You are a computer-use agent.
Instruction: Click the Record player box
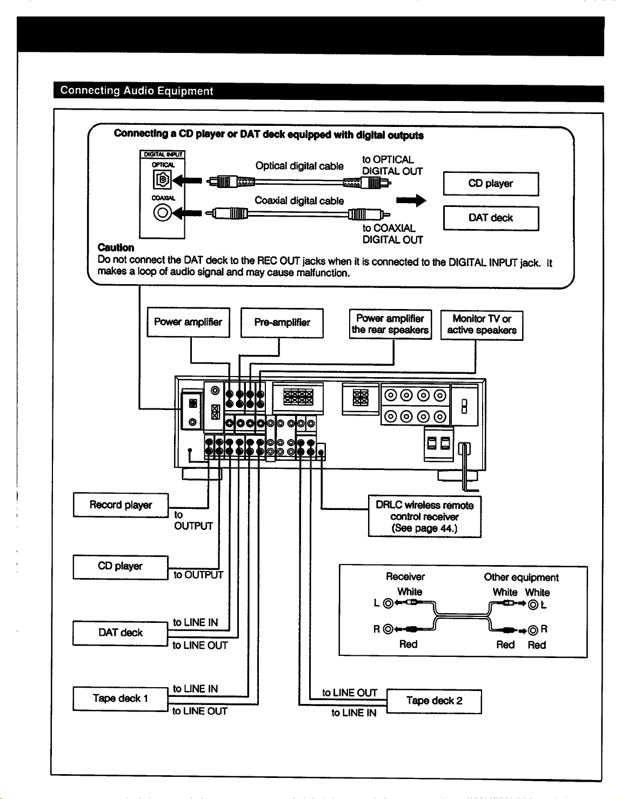pos(121,505)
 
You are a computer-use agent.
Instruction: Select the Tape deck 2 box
pos(434,701)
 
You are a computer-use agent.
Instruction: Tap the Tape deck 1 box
pos(120,699)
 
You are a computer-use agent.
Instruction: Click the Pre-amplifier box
pos(282,323)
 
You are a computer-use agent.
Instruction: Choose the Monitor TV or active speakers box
pos(482,325)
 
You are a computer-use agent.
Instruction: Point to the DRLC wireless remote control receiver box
pos(425,516)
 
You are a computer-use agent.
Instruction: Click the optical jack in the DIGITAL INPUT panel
pos(162,180)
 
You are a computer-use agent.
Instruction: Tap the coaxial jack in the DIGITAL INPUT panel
pos(162,212)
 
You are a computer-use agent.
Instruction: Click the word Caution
pos(116,247)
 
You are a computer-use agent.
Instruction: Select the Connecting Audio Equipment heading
pos(136,90)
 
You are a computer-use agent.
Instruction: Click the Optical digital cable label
pos(299,166)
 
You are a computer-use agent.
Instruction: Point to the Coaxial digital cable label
pos(299,200)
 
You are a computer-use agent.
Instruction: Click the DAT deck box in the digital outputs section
pos(491,218)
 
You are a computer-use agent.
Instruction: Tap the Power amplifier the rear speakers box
pos(390,324)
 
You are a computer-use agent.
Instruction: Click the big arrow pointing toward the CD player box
pos(411,200)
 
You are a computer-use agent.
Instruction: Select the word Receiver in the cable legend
pos(405,576)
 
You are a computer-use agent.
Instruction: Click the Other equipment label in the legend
pos(521,578)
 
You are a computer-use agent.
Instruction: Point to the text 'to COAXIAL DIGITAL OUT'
pos(392,234)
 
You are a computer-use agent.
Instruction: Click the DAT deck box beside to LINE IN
pos(120,633)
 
